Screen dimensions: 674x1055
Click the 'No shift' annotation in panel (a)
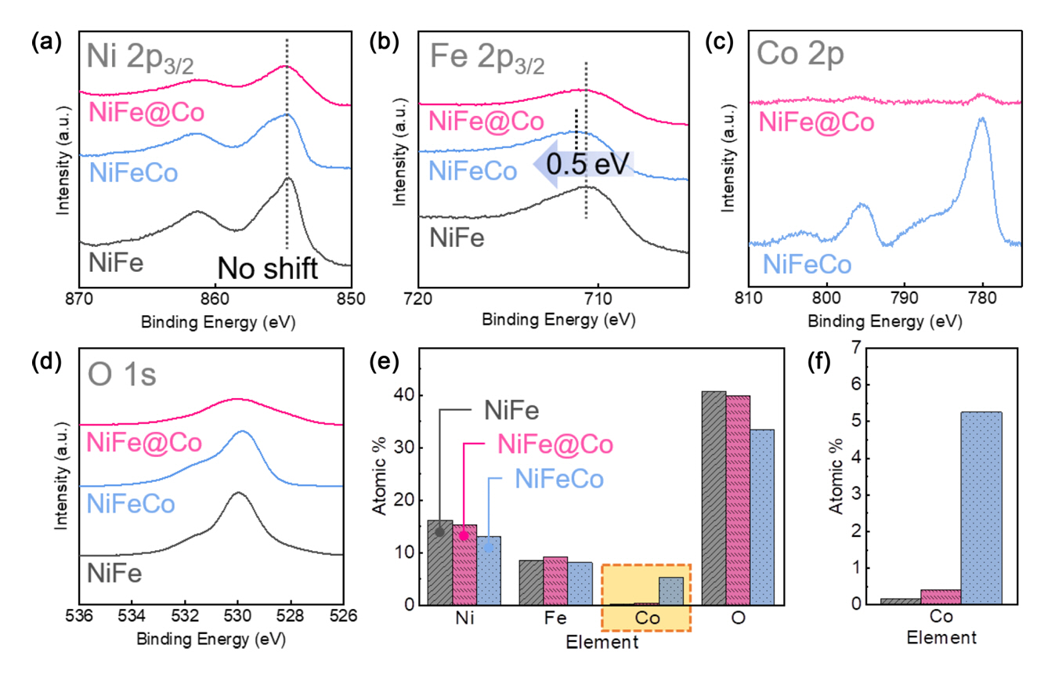click(x=267, y=270)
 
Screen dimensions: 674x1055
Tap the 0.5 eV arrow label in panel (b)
click(x=582, y=165)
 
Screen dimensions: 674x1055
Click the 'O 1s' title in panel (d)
click(x=124, y=375)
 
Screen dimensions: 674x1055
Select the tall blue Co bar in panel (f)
click(x=977, y=508)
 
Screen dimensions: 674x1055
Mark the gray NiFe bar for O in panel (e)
click(x=714, y=498)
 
